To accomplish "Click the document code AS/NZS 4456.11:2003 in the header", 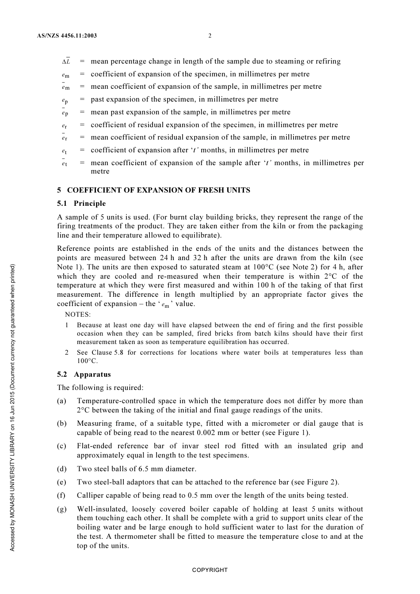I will click(x=67, y=36).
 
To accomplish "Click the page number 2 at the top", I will click(x=210, y=36).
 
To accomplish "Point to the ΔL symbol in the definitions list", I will click(x=66, y=61).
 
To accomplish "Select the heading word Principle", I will click(x=90, y=204).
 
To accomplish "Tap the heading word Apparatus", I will click(x=92, y=375).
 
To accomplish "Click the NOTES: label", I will click(x=78, y=315).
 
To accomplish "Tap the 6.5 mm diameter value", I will click(x=167, y=469).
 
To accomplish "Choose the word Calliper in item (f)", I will click(x=91, y=496).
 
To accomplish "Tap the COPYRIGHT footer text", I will click(x=210, y=570).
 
